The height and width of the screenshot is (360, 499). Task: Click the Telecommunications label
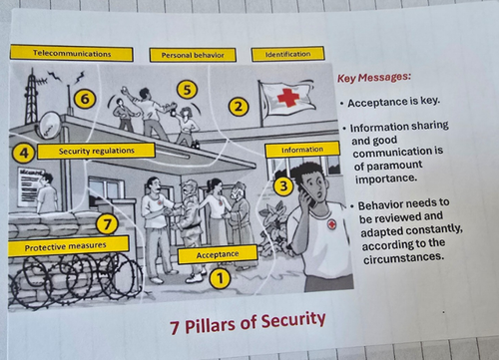[72, 54]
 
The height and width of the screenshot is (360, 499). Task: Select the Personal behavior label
[193, 55]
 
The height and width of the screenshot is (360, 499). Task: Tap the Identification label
[287, 54]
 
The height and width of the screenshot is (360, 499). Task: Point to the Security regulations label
[96, 151]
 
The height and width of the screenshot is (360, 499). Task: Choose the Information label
[302, 150]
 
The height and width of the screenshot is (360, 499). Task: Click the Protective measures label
[68, 246]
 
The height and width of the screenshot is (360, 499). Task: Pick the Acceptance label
[218, 254]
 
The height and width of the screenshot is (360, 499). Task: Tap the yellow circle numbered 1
[220, 278]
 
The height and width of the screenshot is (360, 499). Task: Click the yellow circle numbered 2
[239, 107]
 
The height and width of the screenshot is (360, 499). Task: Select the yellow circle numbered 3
[283, 185]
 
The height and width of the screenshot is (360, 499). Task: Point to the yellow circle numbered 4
[23, 154]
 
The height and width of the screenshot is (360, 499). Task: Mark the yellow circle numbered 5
[187, 90]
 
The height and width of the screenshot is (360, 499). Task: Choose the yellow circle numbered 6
[85, 99]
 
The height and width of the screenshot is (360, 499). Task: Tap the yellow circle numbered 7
[107, 224]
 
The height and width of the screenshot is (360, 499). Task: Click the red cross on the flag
[288, 96]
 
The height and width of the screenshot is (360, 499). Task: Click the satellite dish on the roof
[50, 125]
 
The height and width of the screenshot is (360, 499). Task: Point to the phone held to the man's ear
[308, 196]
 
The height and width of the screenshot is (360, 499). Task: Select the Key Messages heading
[374, 78]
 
